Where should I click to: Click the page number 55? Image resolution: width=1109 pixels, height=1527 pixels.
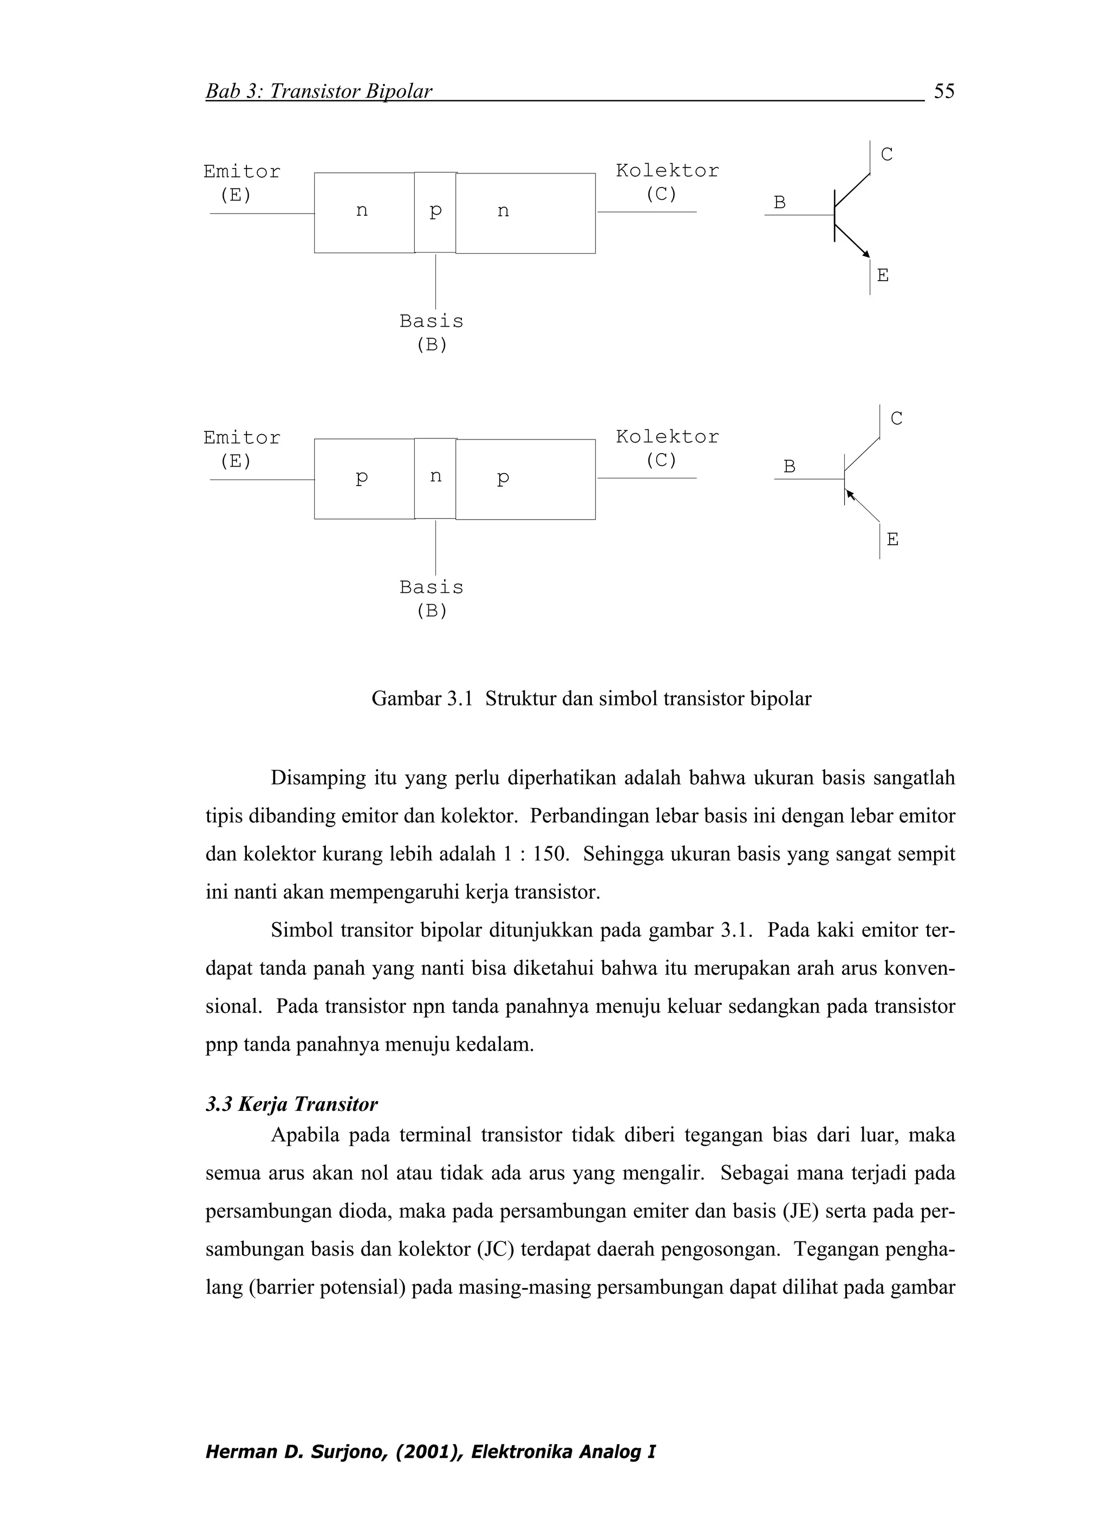[943, 91]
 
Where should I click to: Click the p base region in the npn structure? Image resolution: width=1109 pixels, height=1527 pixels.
[435, 212]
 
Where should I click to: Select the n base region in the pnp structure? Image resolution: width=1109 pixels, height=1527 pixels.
[435, 478]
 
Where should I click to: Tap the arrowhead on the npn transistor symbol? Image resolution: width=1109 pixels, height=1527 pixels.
[866, 254]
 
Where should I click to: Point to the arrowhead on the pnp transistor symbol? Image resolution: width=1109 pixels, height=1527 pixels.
[851, 495]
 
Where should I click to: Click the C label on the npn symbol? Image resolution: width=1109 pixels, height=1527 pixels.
[886, 155]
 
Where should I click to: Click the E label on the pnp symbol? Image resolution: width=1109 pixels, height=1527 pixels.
[892, 539]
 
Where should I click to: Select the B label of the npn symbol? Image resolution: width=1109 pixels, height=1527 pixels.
[779, 203]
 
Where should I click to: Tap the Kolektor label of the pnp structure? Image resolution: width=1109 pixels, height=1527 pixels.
[667, 437]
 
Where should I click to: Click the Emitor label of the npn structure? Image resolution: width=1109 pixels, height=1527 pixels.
[242, 172]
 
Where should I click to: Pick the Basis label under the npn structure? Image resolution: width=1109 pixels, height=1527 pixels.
[432, 321]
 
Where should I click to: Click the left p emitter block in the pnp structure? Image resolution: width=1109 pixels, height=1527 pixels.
[363, 478]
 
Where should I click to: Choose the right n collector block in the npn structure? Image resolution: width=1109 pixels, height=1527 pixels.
[525, 213]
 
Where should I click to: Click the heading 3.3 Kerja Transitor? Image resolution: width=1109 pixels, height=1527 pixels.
[291, 1104]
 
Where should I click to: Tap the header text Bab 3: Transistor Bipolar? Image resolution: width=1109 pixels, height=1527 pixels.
[318, 92]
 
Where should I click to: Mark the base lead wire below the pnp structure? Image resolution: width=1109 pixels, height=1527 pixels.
[435, 547]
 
